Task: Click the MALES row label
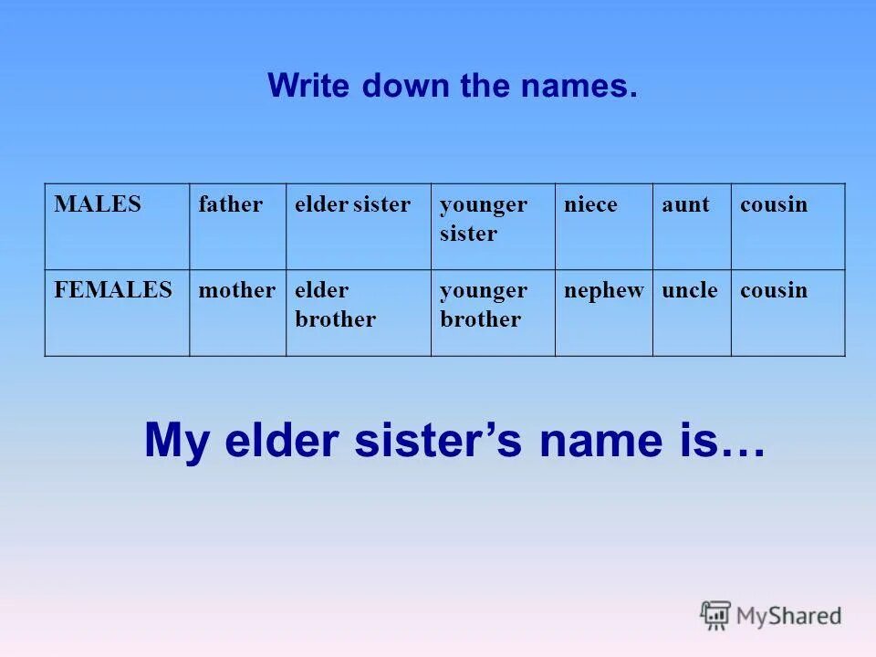pos(98,204)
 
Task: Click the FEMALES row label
pos(112,290)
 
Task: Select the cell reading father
pos(230,204)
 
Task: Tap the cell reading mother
pos(236,290)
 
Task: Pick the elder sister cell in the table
pos(352,204)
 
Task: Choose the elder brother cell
pos(335,305)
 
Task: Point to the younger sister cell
pos(483,219)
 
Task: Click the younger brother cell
pos(483,305)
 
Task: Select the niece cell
pos(590,204)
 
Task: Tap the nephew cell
pos(603,290)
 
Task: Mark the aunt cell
pos(685,204)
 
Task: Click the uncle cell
pos(689,290)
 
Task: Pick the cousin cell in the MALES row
pos(774,204)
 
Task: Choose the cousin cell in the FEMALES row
pos(774,290)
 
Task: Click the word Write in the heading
pos(310,87)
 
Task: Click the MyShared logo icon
pos(715,614)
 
